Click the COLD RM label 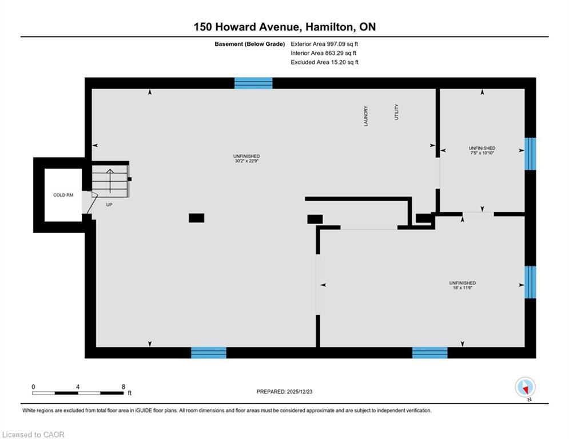[63, 195]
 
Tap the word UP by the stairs [109, 204]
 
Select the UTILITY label [396, 111]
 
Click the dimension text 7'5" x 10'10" [482, 153]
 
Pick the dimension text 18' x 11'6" [462, 288]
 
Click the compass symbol [524, 387]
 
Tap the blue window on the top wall [253, 83]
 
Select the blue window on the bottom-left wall [208, 352]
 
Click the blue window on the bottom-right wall [429, 352]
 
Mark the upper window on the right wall [530, 154]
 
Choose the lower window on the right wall [530, 282]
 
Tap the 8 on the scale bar [123, 386]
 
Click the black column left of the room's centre [196, 218]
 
